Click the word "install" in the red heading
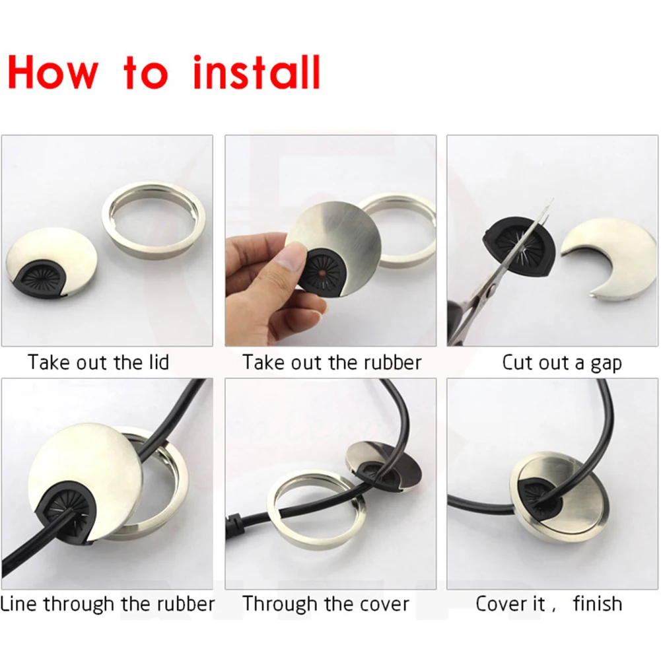257,73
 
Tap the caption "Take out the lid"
98,362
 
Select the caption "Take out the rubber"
331,362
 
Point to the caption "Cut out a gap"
561,363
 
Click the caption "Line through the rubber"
108,604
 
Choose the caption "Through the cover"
326,604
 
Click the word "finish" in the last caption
598,604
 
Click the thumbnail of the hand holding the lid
330,241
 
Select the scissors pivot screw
491,289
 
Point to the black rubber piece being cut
518,246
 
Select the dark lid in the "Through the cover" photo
383,467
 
